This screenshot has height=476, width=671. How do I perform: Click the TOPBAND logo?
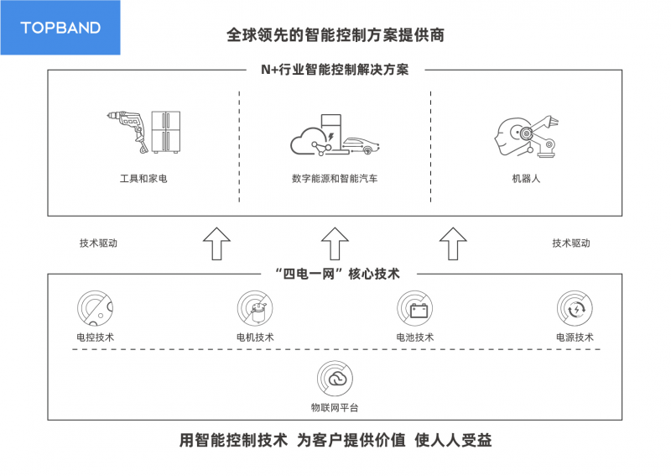[60, 28]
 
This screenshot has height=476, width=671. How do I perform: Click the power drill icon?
[127, 132]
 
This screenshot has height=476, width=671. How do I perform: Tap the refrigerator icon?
[165, 132]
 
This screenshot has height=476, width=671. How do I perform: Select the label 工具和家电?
[143, 178]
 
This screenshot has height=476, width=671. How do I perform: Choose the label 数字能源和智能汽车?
[335, 178]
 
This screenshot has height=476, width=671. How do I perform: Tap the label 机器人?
[526, 178]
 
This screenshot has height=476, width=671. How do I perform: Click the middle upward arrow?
[335, 243]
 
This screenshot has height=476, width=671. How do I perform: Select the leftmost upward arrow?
[216, 243]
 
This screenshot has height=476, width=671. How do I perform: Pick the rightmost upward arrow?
[453, 243]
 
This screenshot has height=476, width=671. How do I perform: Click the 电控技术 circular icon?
[95, 308]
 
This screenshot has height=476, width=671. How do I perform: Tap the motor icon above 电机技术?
[255, 308]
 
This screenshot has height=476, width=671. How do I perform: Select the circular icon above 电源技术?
[575, 308]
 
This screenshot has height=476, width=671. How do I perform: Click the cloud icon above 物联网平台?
[335, 379]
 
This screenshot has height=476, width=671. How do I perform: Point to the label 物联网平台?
[335, 407]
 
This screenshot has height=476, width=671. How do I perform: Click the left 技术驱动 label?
[98, 243]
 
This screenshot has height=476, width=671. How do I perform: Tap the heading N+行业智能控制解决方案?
[335, 70]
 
